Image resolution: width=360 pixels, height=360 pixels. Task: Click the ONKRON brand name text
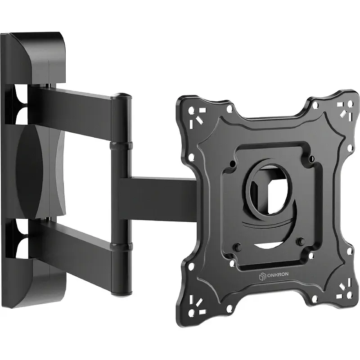click(278, 274)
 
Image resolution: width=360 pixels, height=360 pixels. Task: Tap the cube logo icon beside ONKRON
click(262, 276)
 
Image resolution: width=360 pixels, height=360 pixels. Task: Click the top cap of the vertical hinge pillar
click(121, 96)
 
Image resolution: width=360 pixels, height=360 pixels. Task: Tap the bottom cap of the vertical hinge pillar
click(121, 294)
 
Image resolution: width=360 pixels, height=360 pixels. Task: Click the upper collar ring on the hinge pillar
click(121, 146)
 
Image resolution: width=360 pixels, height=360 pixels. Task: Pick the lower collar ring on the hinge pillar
click(121, 246)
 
